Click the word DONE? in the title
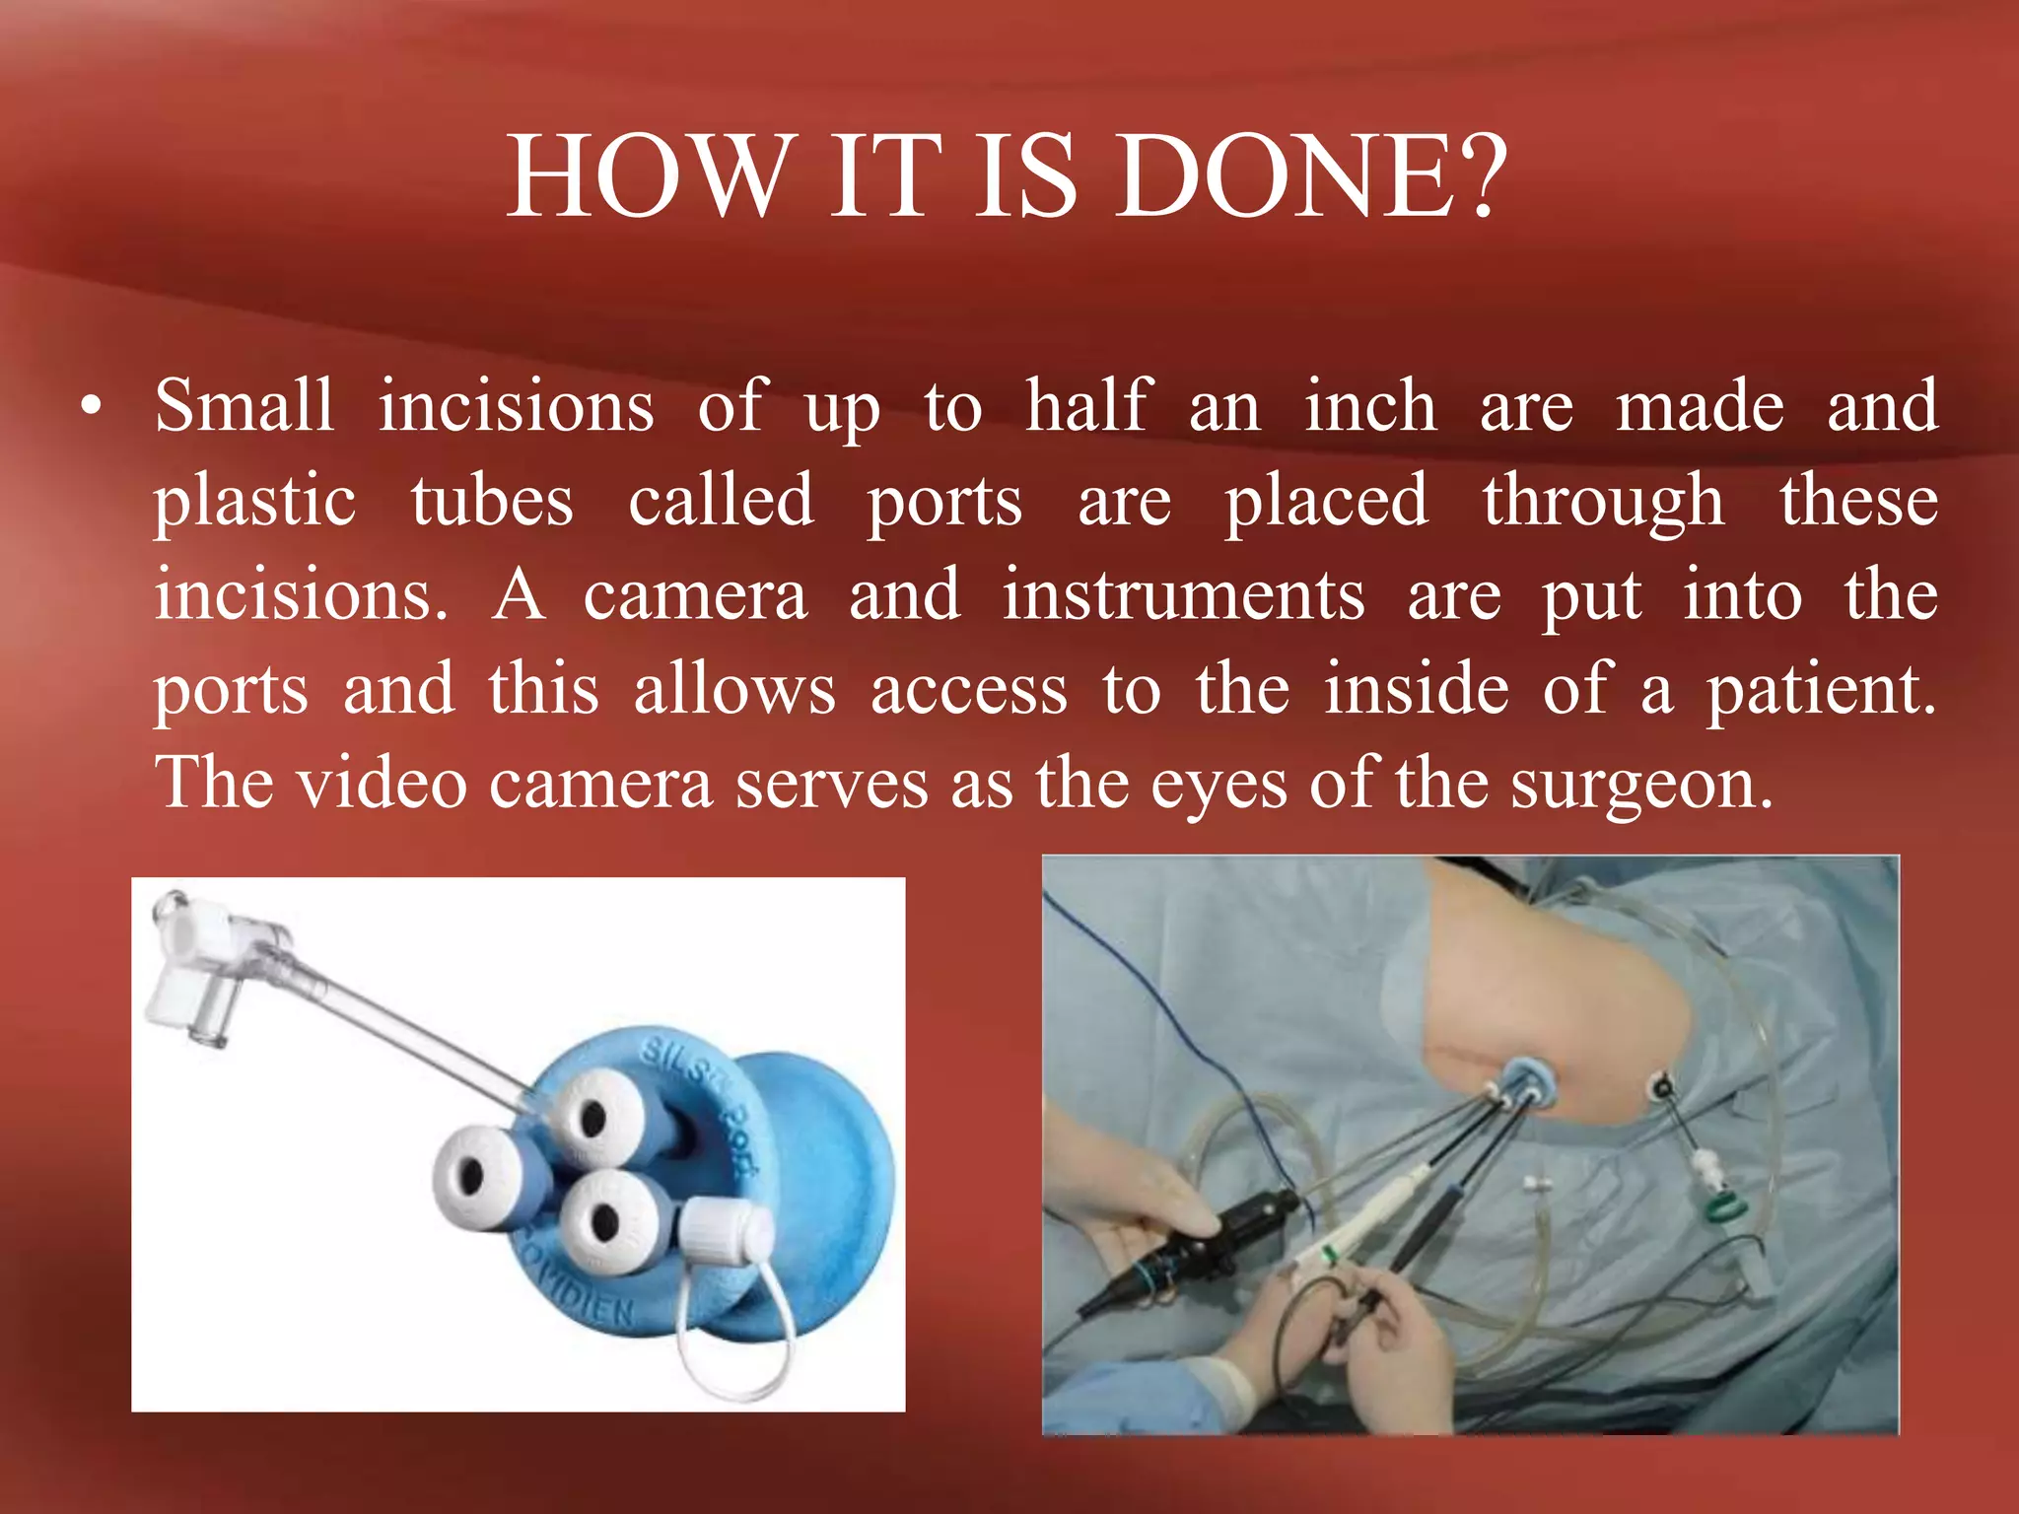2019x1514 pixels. click(x=1311, y=177)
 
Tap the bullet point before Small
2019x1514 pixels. click(x=92, y=408)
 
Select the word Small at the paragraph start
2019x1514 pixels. click(x=244, y=406)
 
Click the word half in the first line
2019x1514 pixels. click(x=1087, y=406)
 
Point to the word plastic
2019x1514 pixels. click(x=254, y=502)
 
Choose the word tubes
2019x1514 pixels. click(x=492, y=502)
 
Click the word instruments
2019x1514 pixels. click(x=1184, y=595)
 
